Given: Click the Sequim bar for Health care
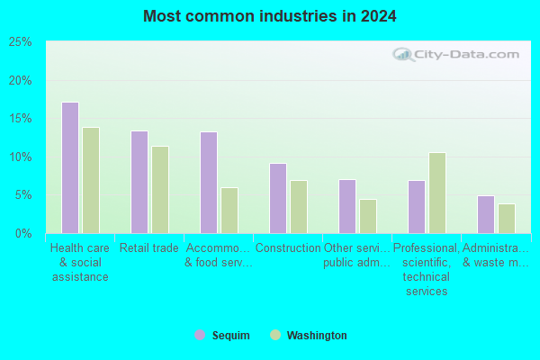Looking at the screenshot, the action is tap(70, 167).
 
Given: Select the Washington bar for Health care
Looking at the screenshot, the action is tap(91, 181).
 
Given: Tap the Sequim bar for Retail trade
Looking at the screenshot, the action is tap(139, 182).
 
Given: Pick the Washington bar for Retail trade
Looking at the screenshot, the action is tap(160, 190).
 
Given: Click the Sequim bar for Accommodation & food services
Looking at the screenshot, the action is tap(209, 183).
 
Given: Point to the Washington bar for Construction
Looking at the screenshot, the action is tap(299, 207).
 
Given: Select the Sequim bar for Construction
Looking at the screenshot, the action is tap(278, 198).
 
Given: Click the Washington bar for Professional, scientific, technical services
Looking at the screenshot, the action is tap(437, 193).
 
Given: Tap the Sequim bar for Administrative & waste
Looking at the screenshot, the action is tap(486, 214).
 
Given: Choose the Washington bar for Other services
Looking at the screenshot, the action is tap(368, 216).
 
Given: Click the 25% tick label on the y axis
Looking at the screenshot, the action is tap(21, 42).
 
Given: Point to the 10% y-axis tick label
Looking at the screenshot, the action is tap(21, 157).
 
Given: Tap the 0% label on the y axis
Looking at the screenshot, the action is tap(23, 234).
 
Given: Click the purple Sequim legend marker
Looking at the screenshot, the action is tap(200, 335).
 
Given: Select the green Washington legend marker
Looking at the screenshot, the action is tap(275, 335).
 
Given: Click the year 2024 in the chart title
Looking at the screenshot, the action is tap(379, 16).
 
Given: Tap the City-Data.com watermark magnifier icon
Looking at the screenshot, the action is tap(403, 54).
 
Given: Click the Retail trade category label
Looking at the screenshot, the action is tap(149, 247).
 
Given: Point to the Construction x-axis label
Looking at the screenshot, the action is tap(288, 247).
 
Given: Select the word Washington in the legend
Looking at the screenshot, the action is tap(317, 335).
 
